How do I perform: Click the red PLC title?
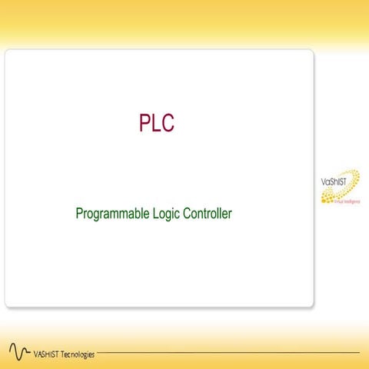[x=156, y=123]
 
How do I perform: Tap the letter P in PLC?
[x=145, y=123]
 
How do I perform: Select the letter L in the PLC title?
[x=156, y=123]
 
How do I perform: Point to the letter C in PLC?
[x=168, y=123]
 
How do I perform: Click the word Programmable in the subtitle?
[x=108, y=214]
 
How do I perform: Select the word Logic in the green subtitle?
[x=162, y=214]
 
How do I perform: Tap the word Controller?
[x=208, y=213]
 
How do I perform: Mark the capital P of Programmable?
[x=79, y=213]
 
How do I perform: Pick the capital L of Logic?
[x=149, y=213]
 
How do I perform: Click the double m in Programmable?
[x=113, y=214]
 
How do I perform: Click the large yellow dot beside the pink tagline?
[x=326, y=198]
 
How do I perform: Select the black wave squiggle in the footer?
[x=19, y=352]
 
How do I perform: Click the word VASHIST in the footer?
[x=47, y=354]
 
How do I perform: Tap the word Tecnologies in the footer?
[x=78, y=354]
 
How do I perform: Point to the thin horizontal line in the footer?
[x=231, y=353]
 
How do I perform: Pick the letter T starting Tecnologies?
[x=64, y=354]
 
